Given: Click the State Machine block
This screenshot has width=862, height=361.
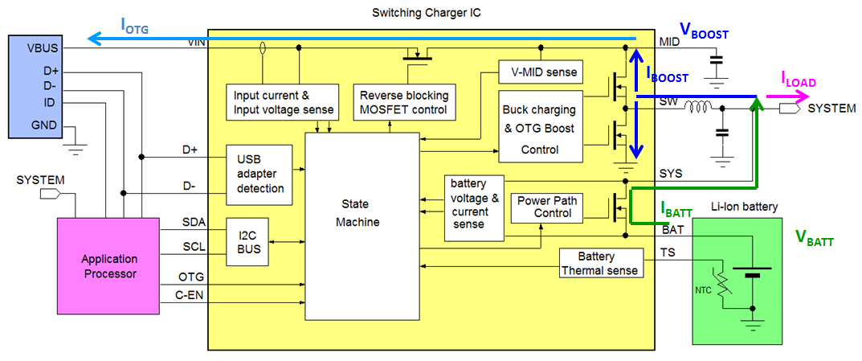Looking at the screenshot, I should click(362, 225).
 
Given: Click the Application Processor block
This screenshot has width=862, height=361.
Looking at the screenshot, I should click(108, 266).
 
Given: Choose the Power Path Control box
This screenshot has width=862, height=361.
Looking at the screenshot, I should click(546, 207).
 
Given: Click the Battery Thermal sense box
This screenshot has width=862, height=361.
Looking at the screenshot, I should click(601, 263).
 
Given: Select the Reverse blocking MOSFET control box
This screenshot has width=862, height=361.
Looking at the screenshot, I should click(404, 102).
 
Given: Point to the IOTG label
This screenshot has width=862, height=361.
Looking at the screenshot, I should click(135, 25).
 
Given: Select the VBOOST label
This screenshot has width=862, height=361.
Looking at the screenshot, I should click(705, 31).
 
